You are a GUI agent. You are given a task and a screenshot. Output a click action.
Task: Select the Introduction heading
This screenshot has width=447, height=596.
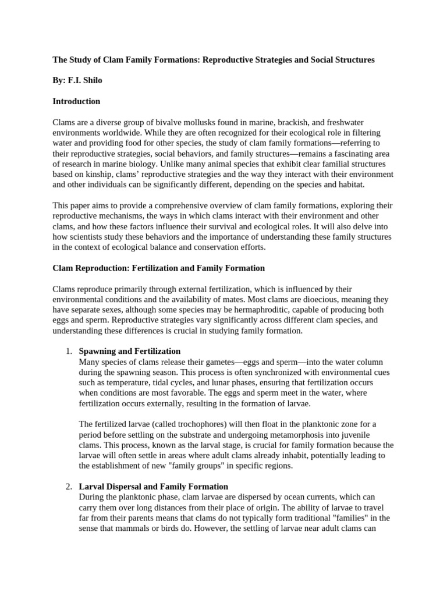click(x=76, y=101)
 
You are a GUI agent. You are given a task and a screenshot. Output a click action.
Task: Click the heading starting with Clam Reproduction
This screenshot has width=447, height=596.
click(x=158, y=268)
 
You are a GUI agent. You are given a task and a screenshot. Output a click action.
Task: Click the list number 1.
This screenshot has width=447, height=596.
click(x=68, y=352)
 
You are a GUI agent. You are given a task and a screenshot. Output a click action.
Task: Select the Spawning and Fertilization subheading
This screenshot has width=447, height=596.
click(x=129, y=352)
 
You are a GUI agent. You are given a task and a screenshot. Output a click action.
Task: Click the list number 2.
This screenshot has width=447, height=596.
click(x=68, y=487)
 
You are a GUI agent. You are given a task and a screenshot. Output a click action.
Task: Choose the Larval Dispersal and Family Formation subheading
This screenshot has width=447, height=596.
click(x=153, y=487)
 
